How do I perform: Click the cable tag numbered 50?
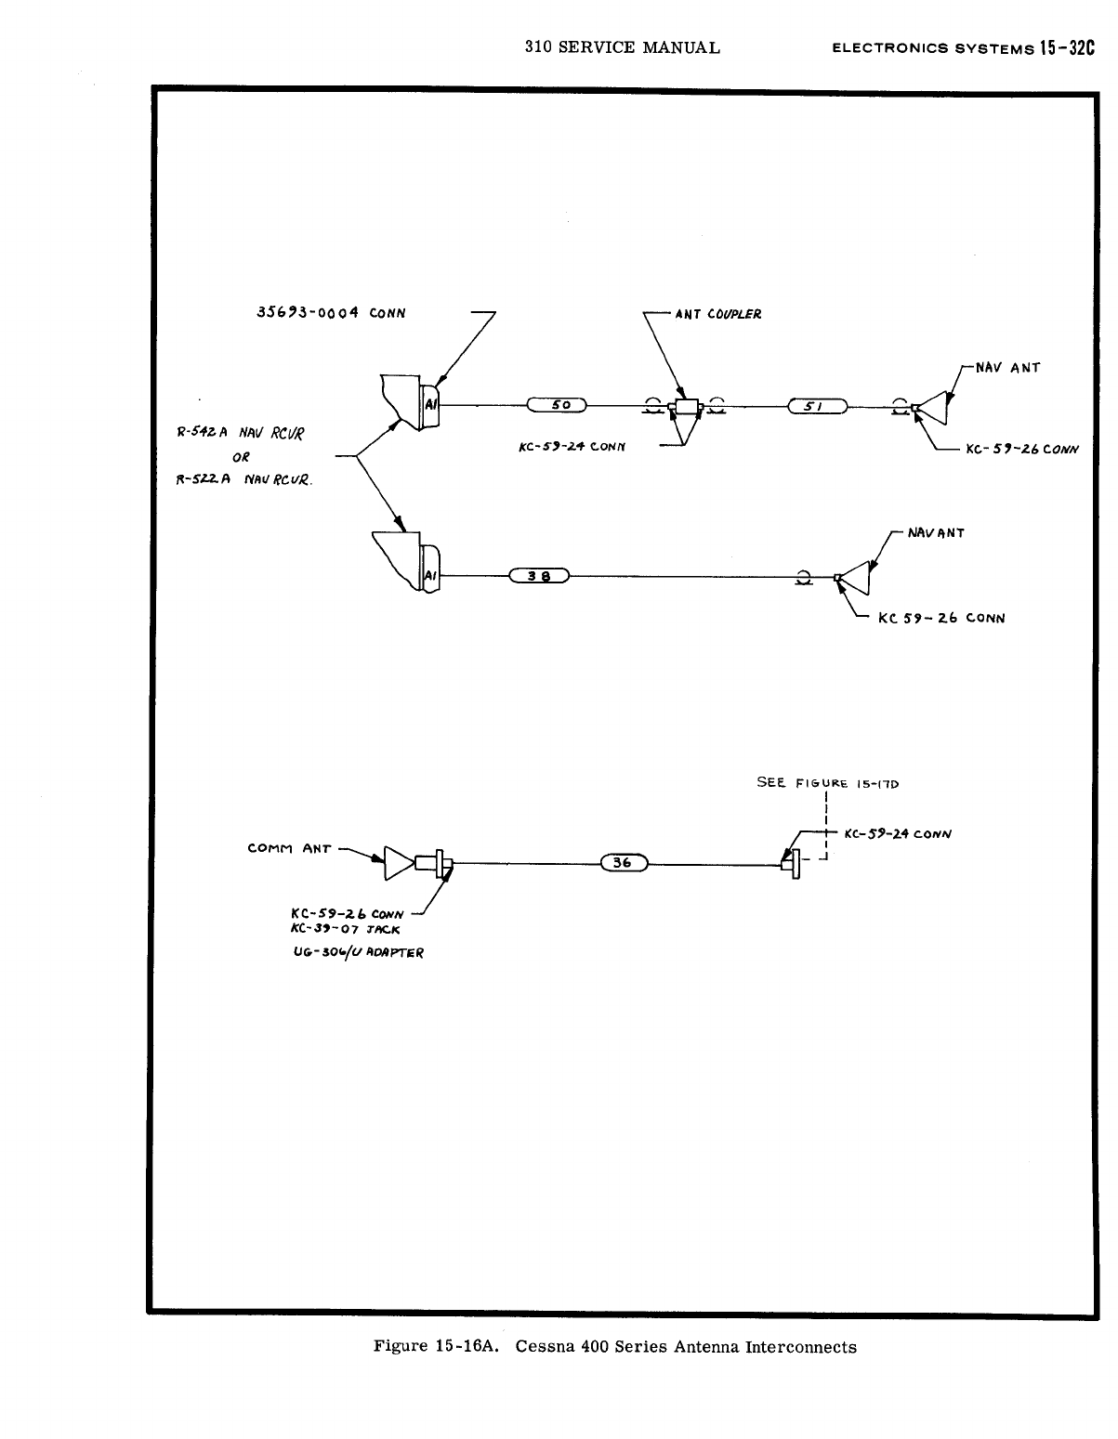(557, 405)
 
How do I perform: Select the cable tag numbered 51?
(817, 406)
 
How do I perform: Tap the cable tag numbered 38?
(539, 575)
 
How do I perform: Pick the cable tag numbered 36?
(623, 863)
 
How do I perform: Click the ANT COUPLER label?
(718, 314)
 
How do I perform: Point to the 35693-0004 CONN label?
(330, 312)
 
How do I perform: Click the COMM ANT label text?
(289, 848)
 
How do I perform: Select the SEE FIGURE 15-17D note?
(828, 783)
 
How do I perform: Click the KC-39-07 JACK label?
(346, 930)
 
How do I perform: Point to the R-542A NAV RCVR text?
(241, 433)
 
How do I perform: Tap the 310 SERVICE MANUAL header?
(622, 47)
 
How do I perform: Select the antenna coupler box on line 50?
(689, 407)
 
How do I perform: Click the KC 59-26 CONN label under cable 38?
(940, 618)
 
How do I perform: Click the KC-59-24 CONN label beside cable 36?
(897, 833)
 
